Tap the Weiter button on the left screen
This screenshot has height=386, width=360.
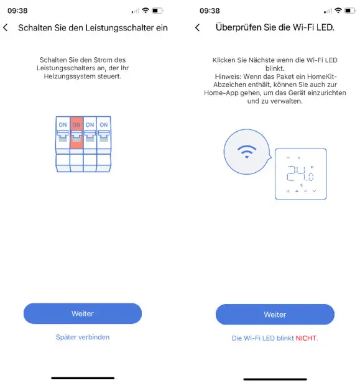pyautogui.click(x=82, y=313)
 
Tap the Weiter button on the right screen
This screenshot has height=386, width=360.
pyautogui.click(x=274, y=315)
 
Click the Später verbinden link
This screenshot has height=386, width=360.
pyautogui.click(x=82, y=337)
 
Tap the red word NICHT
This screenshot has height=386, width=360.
pyautogui.click(x=307, y=338)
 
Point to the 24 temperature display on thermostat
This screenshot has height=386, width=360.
pyautogui.click(x=298, y=173)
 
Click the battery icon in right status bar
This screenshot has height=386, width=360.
pyautogui.click(x=349, y=11)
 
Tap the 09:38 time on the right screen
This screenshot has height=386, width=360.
pyautogui.click(x=210, y=11)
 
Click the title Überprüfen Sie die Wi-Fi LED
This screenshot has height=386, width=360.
pyautogui.click(x=275, y=28)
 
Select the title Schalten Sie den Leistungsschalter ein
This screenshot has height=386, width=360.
pyautogui.click(x=93, y=28)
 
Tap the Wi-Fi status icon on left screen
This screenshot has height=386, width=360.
pyautogui.click(x=145, y=11)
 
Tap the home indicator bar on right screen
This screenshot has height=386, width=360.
pyautogui.click(x=274, y=379)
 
